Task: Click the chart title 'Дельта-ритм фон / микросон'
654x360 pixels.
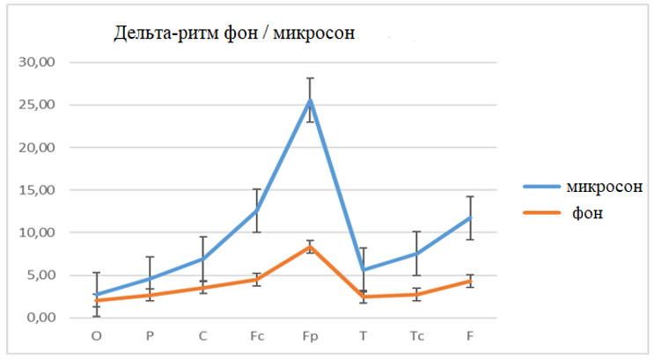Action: [234, 34]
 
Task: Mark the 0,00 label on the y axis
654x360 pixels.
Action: [42, 318]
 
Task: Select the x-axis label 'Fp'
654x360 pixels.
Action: [310, 335]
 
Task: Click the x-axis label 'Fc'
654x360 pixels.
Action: [256, 335]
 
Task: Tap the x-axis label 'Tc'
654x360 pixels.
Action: [416, 335]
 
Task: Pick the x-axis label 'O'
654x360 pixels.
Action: [96, 335]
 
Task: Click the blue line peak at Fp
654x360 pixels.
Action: [310, 100]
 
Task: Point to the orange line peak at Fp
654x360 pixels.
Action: [310, 246]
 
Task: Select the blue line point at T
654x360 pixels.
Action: [364, 269]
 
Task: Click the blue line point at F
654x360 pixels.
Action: [470, 217]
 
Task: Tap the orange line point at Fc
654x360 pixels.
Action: [256, 280]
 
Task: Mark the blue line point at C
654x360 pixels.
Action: [202, 259]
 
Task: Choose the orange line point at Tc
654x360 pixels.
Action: [416, 294]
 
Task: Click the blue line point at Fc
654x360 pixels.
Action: [256, 211]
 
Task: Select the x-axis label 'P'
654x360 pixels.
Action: [150, 335]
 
